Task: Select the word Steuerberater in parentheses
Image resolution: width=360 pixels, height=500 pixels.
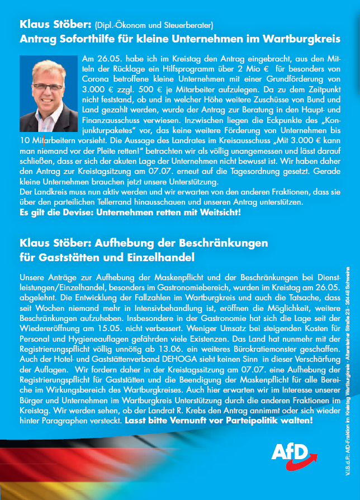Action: pyautogui.click(x=187, y=25)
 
